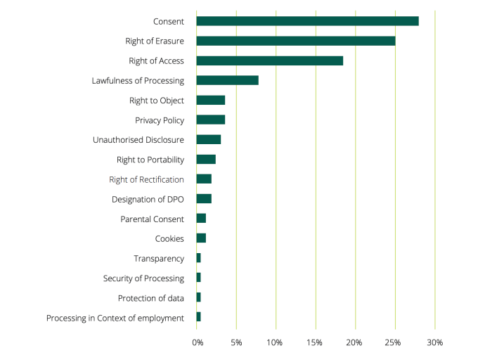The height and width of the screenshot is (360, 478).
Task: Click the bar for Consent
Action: [x=307, y=21]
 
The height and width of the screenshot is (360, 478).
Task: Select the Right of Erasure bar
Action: [x=295, y=41]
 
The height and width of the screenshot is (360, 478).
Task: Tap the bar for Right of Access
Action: [x=269, y=60]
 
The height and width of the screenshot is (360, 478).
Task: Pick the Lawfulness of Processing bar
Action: [x=227, y=80]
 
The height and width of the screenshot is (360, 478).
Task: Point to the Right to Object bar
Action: [x=210, y=100]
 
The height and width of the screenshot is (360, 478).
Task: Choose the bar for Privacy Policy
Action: [x=210, y=120]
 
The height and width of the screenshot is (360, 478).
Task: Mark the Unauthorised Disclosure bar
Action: [x=208, y=139]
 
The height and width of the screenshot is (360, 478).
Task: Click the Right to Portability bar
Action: [x=206, y=159]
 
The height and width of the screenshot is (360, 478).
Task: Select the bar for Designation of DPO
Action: [x=204, y=199]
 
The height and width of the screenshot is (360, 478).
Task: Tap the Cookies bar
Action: [x=201, y=238]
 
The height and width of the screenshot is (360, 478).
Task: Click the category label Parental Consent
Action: [x=152, y=219]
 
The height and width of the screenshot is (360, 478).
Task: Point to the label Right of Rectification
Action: [x=146, y=179]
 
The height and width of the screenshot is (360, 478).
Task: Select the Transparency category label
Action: [x=159, y=259]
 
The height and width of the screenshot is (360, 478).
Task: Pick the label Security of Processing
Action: [x=143, y=278]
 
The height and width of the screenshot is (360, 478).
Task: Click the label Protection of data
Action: [x=151, y=298]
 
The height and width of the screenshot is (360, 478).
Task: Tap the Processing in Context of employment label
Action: [x=115, y=318]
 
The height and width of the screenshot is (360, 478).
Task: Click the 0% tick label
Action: [x=198, y=342]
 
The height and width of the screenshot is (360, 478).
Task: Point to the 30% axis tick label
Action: [x=434, y=342]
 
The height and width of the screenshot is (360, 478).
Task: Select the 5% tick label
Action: [x=237, y=342]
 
